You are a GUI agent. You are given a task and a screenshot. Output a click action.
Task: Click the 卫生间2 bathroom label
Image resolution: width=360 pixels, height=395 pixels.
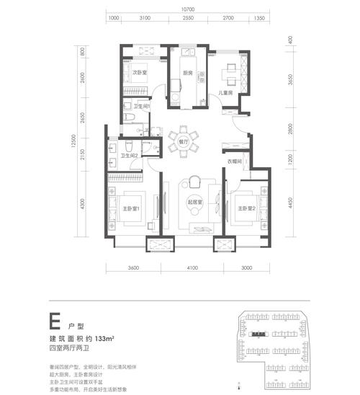coord(130,155)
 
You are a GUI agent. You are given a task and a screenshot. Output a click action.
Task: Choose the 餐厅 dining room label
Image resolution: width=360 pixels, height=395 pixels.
coord(182,144)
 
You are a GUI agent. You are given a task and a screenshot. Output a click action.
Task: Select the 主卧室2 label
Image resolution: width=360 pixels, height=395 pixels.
coord(248,209)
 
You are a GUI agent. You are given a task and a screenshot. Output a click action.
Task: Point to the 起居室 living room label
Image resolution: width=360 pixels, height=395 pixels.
coord(192,203)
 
